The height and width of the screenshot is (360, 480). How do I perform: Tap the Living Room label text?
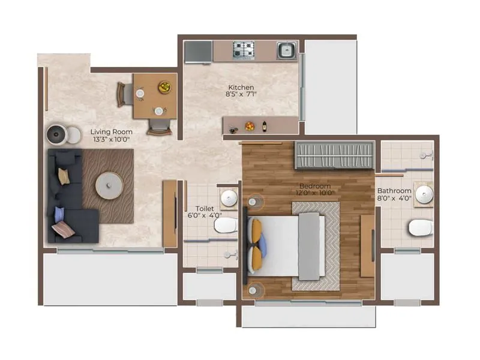click(111, 131)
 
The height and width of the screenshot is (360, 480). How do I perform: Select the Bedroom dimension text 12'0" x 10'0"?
click(313, 194)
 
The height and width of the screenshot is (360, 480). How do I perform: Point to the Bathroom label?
click(394, 191)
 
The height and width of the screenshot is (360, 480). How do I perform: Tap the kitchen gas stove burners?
click(243, 50)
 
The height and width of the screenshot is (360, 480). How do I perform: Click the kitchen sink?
click(286, 50)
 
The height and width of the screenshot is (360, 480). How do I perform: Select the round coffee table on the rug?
click(109, 185)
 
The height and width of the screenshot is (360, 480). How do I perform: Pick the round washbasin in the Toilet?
click(229, 198)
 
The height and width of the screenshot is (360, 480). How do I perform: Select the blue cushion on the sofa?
click(59, 213)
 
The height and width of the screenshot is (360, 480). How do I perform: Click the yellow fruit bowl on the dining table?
click(164, 88)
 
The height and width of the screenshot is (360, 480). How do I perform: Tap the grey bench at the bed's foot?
click(308, 247)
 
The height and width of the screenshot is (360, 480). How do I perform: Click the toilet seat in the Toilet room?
click(226, 226)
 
